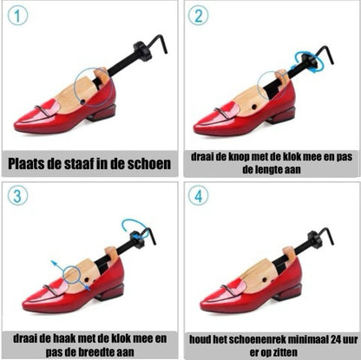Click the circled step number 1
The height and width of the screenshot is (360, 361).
pyautogui.click(x=17, y=16)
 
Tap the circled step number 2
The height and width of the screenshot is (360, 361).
pyautogui.click(x=198, y=16)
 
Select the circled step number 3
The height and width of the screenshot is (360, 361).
pyautogui.click(x=17, y=196)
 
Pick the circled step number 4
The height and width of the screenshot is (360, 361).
pyautogui.click(x=198, y=196)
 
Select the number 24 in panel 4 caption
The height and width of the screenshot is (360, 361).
pyautogui.click(x=336, y=339)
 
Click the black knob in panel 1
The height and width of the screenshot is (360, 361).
pyautogui.click(x=142, y=51)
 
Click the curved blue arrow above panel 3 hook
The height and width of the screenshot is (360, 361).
pyautogui.click(x=136, y=223)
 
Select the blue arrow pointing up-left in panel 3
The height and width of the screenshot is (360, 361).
pyautogui.click(x=59, y=266)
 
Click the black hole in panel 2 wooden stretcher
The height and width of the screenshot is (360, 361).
pyautogui.click(x=254, y=108)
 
